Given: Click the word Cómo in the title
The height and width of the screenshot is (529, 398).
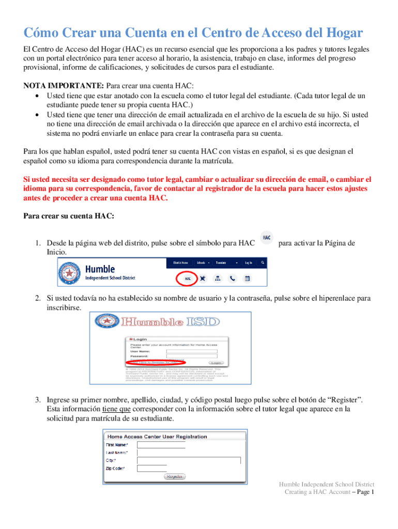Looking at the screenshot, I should point(41,34).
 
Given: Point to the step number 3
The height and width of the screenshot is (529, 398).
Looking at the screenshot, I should point(38,400).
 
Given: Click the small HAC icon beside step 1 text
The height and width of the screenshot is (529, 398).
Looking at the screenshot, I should point(267,238).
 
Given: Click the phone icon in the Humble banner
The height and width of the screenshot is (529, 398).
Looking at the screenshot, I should point(232,278).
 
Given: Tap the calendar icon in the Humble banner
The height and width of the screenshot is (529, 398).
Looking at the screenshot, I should point(247,278).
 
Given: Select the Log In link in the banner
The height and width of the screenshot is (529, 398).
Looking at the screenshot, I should point(249,262).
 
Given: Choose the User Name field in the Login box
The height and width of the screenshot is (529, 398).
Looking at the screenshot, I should point(179,351).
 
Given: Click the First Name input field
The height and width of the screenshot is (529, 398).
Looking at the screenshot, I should point(161,445).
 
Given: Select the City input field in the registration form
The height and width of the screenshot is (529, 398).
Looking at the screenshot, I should point(189,460).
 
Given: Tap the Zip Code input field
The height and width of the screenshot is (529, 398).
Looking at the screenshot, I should point(155,469).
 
